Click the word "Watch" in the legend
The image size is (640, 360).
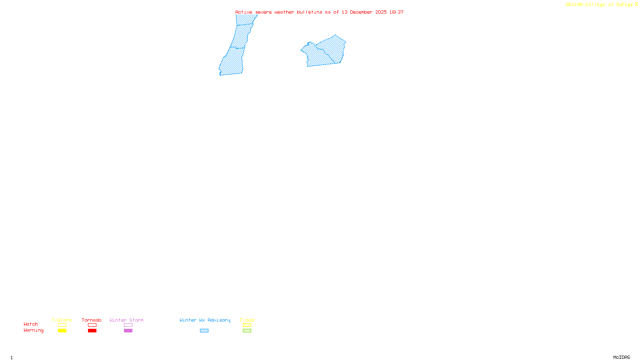tap(31, 324)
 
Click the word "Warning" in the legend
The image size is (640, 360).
tap(34, 330)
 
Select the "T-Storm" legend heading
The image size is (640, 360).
tap(62, 320)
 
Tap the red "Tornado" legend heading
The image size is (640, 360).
tap(92, 320)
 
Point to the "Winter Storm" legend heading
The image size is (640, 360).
tap(126, 320)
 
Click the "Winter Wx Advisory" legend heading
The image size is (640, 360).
tap(205, 320)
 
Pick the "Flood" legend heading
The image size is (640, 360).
tap(247, 320)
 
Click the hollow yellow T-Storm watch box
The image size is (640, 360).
tap(62, 325)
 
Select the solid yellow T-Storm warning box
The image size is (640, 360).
tap(62, 331)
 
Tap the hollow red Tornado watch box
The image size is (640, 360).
tap(92, 325)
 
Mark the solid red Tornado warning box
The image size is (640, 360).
tap(92, 331)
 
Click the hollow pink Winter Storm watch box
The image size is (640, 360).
tap(128, 325)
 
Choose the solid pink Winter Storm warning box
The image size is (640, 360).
tap(128, 331)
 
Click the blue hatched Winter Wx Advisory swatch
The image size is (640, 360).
tap(204, 331)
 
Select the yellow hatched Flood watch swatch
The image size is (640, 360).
tap(247, 325)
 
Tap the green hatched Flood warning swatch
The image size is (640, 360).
tap(247, 331)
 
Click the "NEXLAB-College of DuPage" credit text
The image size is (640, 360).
tap(599, 5)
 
